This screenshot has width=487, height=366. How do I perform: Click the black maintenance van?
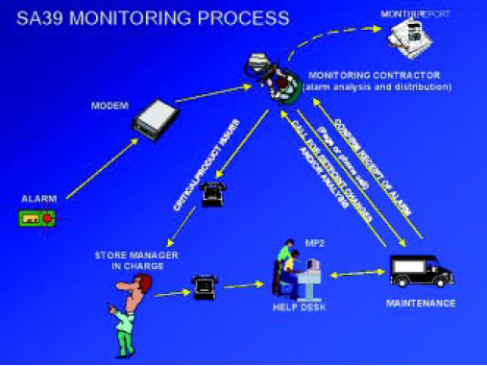click(422, 271)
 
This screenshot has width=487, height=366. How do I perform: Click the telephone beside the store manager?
click(204, 284)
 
